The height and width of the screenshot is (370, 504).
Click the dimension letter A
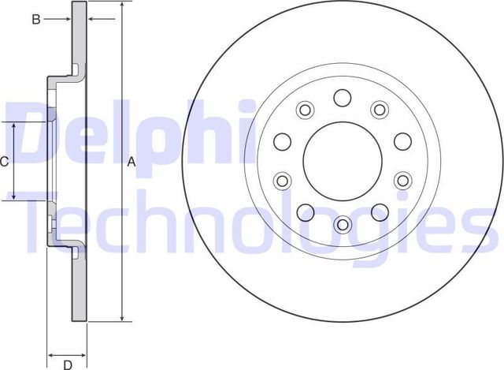pos(132,162)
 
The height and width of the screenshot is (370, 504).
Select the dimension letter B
pos(35,20)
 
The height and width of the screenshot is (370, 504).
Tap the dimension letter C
pos(5,162)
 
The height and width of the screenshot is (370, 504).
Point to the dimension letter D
pos(67,364)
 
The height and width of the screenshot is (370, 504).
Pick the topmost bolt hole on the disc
pos(342,97)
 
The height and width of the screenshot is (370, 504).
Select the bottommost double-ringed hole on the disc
pos(342,225)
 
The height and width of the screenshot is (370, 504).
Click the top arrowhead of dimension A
pos(122,6)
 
